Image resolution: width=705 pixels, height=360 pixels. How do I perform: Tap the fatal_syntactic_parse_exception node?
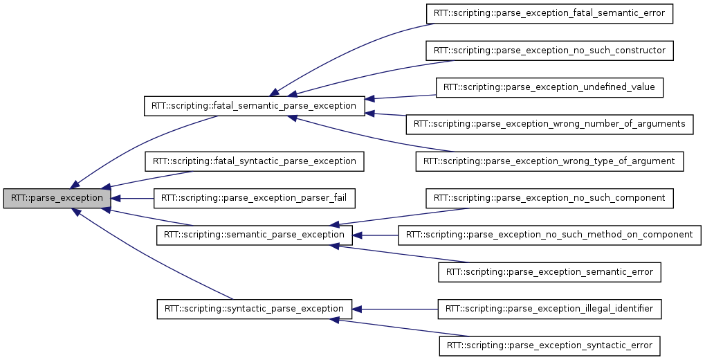(x=254, y=161)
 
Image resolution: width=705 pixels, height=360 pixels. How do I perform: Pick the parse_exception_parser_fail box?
(x=254, y=198)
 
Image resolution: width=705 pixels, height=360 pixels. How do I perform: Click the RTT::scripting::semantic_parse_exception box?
(x=255, y=235)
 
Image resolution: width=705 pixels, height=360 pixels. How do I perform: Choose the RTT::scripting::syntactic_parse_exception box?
(x=254, y=308)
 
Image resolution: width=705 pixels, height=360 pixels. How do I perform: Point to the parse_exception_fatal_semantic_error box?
(x=549, y=13)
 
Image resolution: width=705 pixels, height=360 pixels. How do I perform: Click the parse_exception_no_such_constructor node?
(x=549, y=51)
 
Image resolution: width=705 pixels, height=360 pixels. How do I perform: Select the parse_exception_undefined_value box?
(x=549, y=87)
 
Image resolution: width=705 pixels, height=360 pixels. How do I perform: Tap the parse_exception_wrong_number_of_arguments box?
(x=549, y=124)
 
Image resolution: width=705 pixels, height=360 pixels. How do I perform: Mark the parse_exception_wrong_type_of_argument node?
(x=549, y=161)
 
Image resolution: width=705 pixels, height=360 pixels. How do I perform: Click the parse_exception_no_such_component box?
(x=549, y=198)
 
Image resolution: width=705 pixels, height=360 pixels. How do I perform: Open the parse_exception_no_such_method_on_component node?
(x=549, y=235)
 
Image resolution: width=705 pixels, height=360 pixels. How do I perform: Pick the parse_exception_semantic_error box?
(x=549, y=272)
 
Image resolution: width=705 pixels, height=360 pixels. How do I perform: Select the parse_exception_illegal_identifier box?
(x=549, y=308)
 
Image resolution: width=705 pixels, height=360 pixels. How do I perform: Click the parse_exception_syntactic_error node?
(x=549, y=345)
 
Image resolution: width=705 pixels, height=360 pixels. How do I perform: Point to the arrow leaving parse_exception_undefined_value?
(x=401, y=96)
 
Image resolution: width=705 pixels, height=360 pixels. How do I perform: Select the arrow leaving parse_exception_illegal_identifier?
(x=394, y=308)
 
